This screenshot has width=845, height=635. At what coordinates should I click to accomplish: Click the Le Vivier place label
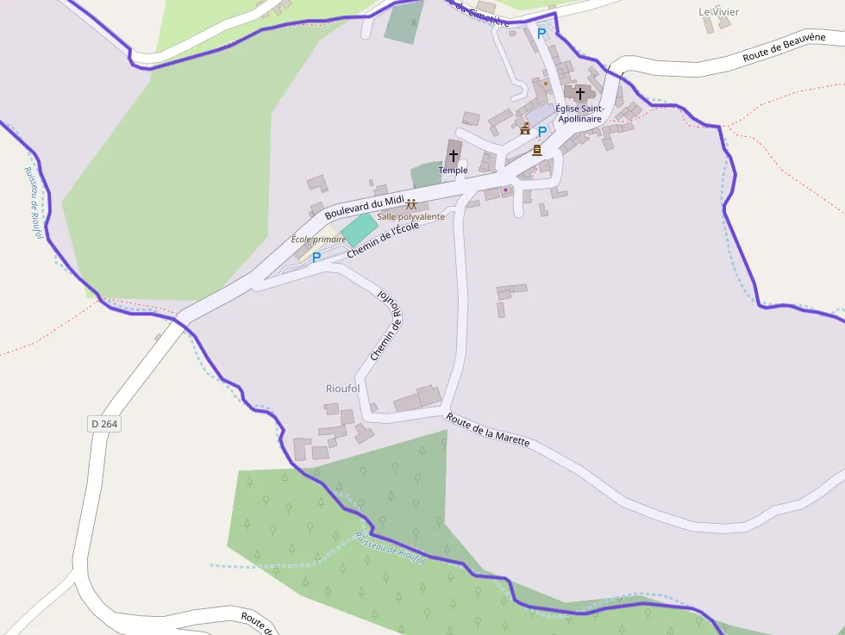(x=718, y=12)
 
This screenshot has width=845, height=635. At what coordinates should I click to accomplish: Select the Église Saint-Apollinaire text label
(x=579, y=113)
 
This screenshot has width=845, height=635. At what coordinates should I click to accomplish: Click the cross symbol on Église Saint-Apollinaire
(x=580, y=92)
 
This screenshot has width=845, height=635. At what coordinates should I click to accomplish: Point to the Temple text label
(x=453, y=170)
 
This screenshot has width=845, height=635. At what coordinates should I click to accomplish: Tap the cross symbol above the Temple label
(x=454, y=155)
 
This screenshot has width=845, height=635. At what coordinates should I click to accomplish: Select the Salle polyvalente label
(x=410, y=216)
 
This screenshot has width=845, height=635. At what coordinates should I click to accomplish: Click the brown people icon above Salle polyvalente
(x=411, y=204)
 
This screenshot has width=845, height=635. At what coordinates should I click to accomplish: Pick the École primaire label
(x=318, y=239)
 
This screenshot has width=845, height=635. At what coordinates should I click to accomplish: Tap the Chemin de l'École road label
(x=383, y=240)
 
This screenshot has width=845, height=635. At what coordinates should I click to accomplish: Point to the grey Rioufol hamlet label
(x=343, y=389)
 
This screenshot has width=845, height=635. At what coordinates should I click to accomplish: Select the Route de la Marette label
(x=487, y=429)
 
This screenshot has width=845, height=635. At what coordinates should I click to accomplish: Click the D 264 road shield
(x=103, y=424)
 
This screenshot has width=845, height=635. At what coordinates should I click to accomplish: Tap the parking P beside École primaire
(x=316, y=257)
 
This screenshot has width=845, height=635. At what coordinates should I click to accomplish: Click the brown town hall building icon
(x=525, y=129)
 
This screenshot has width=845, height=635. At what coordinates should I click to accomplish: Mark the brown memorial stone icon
(x=537, y=150)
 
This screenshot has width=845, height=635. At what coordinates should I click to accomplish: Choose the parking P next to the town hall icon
(x=542, y=132)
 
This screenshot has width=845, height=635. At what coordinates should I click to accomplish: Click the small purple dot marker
(x=506, y=190)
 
